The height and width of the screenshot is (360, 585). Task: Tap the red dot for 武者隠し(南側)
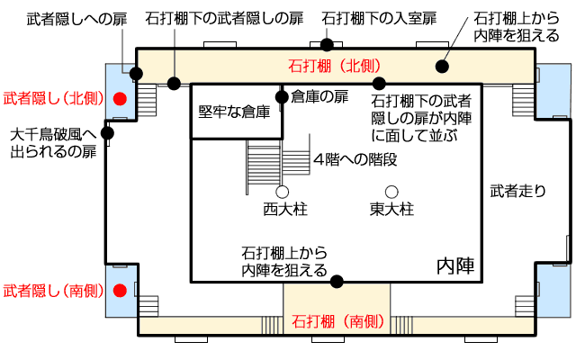[x=119, y=291]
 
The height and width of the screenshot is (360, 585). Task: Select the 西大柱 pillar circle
[x=282, y=192]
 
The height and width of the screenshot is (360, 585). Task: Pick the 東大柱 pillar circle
[x=391, y=192]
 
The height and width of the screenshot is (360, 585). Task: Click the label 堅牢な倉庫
[x=235, y=112]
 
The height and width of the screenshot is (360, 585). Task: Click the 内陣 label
[x=455, y=265]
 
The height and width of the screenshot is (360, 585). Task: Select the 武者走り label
[x=518, y=191]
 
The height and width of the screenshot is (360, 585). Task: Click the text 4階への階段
[x=355, y=160]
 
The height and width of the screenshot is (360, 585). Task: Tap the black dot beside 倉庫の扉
[x=283, y=95]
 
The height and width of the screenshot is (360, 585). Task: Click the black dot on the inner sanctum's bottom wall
[x=337, y=282]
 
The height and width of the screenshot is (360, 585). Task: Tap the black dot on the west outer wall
[x=108, y=134]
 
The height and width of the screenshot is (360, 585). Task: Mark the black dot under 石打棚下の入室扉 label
[x=328, y=43]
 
